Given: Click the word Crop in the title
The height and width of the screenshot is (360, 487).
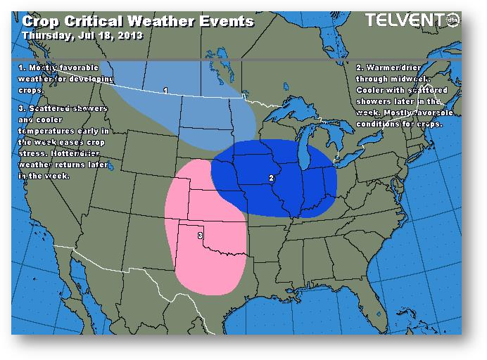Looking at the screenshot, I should point(40,21).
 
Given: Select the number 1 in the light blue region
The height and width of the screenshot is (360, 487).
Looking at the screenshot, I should point(165,91).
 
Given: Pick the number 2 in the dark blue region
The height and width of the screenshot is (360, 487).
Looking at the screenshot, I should point(272,178).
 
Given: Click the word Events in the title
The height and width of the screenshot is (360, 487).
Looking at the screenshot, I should point(227,21).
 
